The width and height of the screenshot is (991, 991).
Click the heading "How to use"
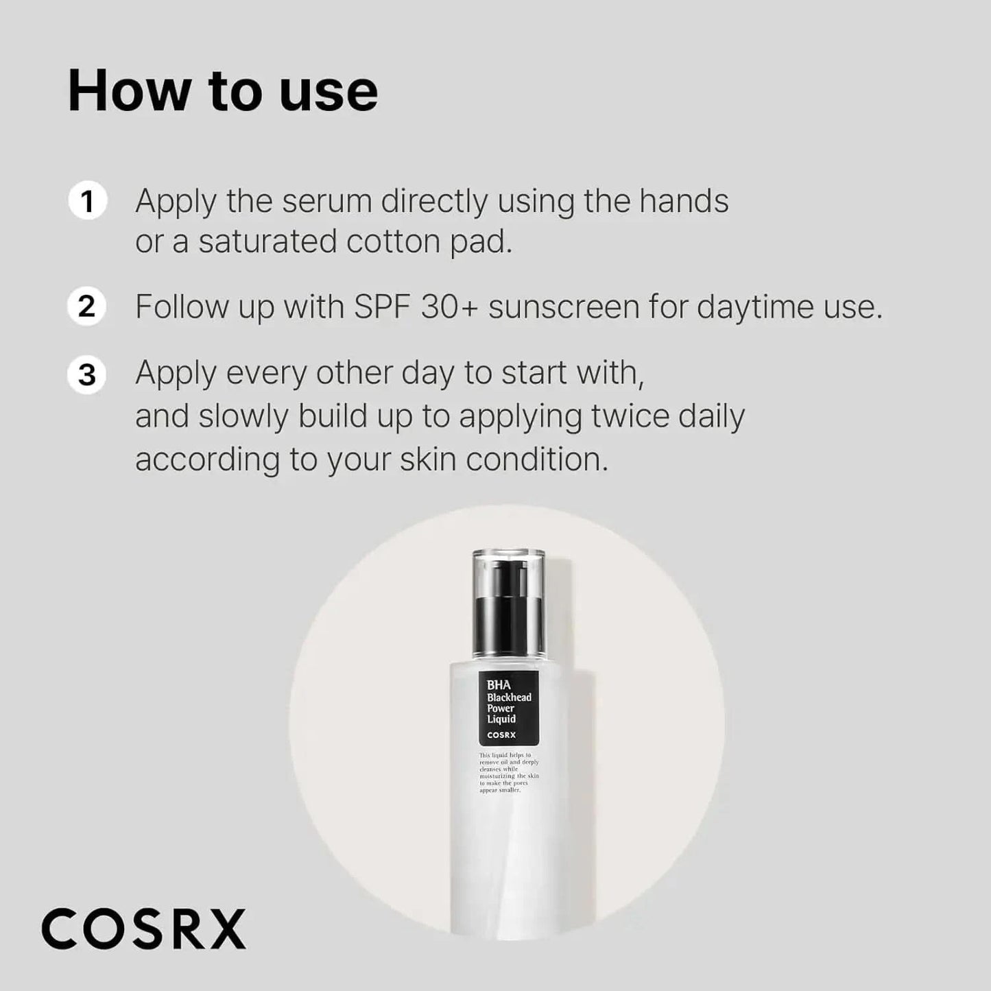tap(223, 91)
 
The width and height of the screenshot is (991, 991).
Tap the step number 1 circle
tap(87, 202)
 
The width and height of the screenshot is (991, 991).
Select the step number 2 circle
tap(87, 306)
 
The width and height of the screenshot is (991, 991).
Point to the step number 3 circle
tap(87, 375)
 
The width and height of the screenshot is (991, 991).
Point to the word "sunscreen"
tap(564, 307)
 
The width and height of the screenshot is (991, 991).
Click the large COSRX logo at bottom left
tap(143, 929)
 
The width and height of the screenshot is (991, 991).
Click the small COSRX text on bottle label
tap(501, 735)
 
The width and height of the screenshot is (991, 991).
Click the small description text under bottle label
tap(508, 773)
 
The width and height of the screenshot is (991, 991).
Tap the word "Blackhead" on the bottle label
tap(509, 697)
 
